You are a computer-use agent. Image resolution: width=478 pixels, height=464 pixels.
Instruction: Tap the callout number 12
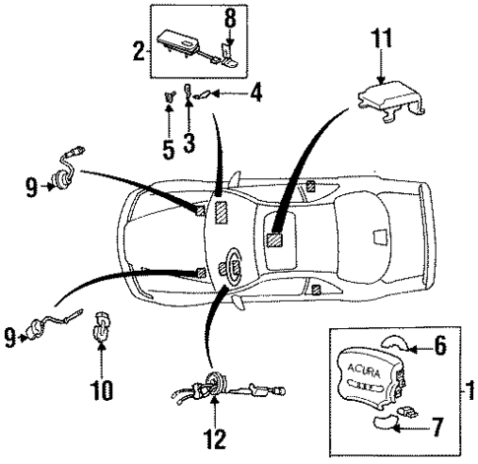coord(214,434)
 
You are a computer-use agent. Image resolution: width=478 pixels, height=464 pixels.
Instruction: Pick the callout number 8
coord(230,18)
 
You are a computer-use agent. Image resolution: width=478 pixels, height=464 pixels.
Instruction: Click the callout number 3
coord(188,144)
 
